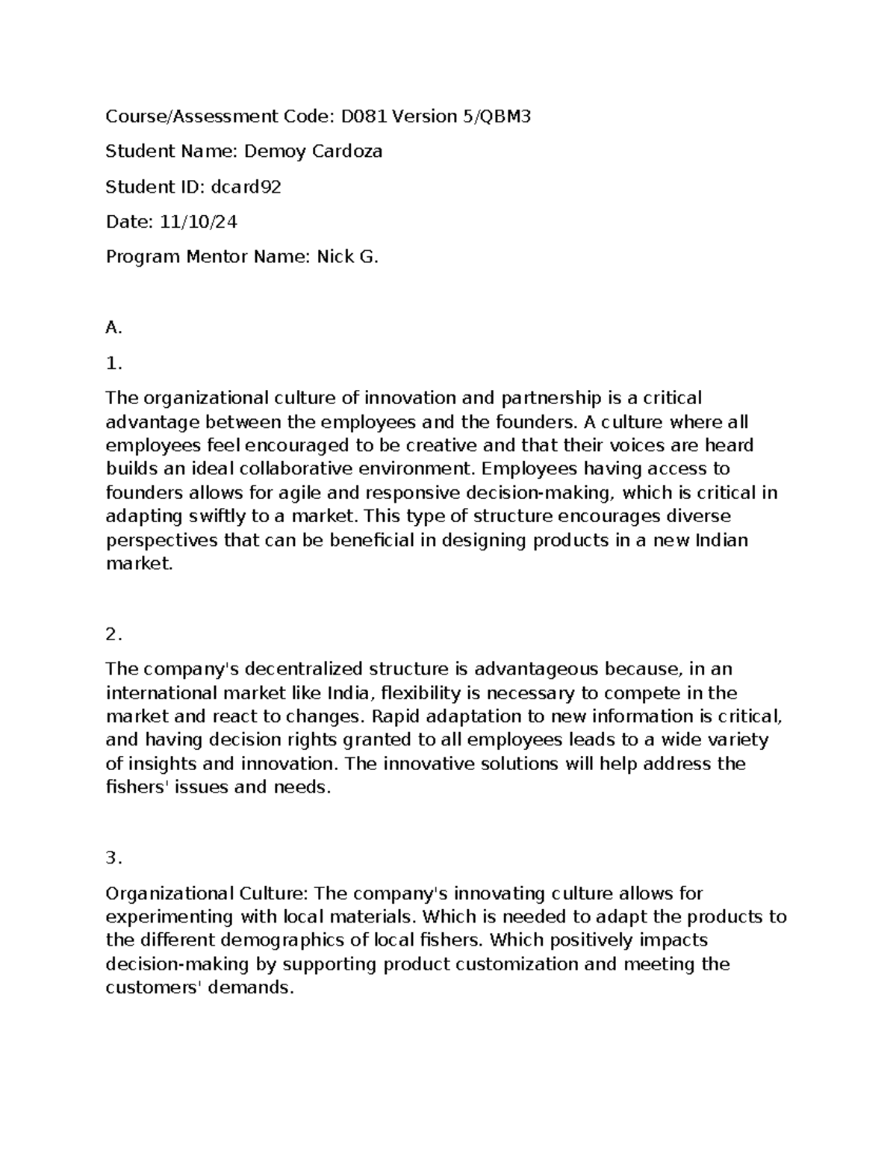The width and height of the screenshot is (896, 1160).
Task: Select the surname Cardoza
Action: click(x=347, y=152)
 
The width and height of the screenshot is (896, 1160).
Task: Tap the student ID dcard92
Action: click(x=246, y=187)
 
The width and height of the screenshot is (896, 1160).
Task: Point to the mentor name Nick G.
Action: click(x=347, y=257)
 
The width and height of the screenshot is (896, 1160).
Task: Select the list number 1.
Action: click(x=113, y=364)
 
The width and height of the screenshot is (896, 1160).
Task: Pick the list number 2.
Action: click(x=113, y=634)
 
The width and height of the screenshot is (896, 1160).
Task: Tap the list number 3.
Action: click(x=113, y=858)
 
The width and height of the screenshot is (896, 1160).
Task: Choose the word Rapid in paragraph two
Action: click(x=396, y=716)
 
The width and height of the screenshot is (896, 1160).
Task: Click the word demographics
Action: click(x=292, y=940)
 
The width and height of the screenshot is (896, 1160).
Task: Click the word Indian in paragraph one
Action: click(x=721, y=540)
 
